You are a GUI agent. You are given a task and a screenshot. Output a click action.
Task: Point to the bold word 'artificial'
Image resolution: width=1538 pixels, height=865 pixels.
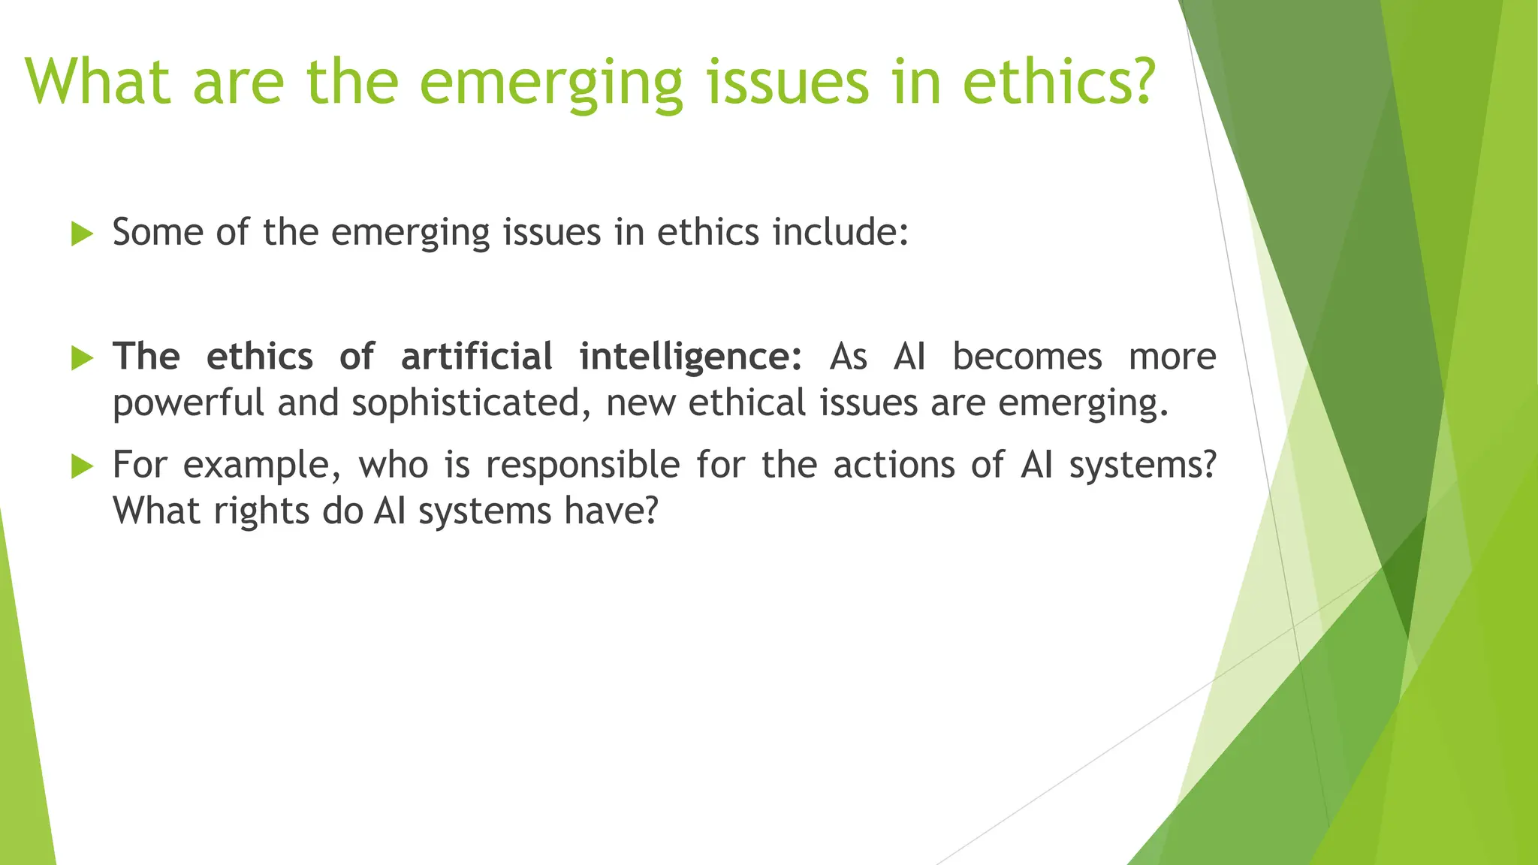pos(477,357)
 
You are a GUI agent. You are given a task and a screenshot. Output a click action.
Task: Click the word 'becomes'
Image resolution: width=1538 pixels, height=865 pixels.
pos(1027,357)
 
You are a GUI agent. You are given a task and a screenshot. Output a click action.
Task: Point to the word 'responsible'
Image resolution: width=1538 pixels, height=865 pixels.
pos(583,466)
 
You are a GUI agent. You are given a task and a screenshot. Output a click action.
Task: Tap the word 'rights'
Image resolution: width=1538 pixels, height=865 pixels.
pos(261,512)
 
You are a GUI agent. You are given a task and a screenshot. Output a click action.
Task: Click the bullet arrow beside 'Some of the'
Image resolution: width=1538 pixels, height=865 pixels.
pos(82,234)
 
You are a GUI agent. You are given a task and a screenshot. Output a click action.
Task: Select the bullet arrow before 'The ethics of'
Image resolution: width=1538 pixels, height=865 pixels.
pos(82,358)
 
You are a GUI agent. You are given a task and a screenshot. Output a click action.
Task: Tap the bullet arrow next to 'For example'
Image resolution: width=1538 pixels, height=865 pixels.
pos(82,467)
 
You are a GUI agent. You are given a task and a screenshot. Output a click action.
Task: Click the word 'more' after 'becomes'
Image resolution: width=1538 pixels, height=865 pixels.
pos(1172,357)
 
